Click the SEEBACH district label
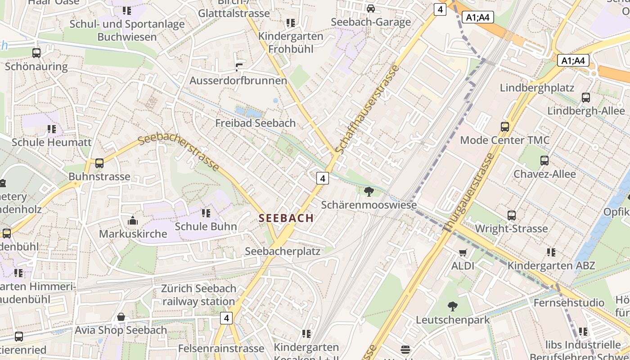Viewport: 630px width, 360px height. pos(286,218)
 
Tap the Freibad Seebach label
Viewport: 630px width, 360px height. pos(255,123)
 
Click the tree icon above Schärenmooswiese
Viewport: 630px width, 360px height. pos(369,192)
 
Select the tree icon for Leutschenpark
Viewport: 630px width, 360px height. pos(453,306)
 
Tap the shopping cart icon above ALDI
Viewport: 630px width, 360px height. pos(463,252)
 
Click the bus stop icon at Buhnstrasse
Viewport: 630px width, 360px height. pos(99,163)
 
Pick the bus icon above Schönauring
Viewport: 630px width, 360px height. pos(36,53)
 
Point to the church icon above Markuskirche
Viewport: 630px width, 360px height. pos(133,220)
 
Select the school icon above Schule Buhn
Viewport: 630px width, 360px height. pos(206,213)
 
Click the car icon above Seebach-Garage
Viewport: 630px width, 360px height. pos(371,9)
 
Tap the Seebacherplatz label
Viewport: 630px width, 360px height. pos(283,251)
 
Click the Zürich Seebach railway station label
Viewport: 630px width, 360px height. pos(198,295)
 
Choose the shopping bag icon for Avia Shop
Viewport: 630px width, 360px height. pos(121,317)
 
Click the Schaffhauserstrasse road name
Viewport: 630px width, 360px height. pos(368,109)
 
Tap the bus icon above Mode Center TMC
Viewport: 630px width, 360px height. pos(505,127)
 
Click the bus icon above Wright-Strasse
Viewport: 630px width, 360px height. pos(512,215)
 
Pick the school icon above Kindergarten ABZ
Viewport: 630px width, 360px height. pos(551,252)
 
